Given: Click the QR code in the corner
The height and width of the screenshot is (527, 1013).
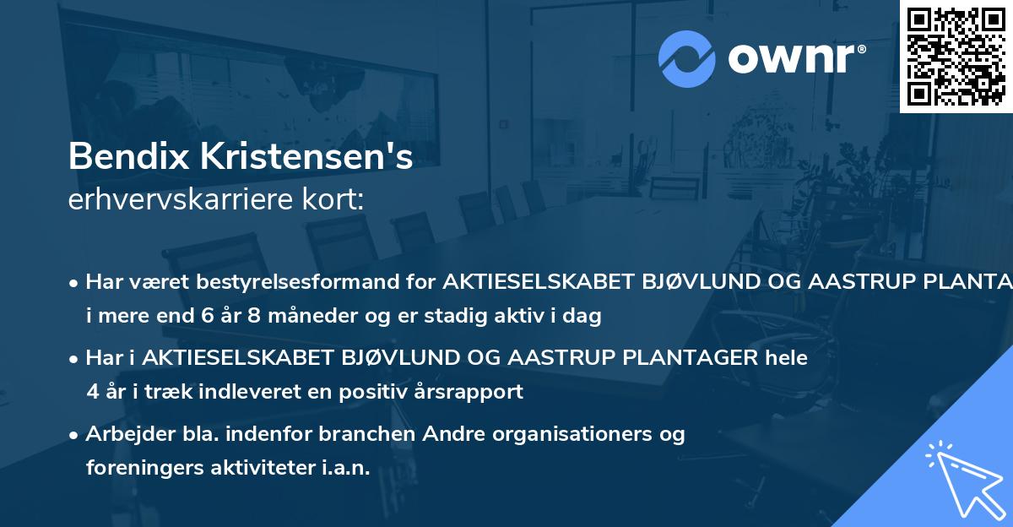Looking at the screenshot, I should click(x=956, y=56).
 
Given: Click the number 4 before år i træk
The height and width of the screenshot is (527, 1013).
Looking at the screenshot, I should click(x=92, y=392).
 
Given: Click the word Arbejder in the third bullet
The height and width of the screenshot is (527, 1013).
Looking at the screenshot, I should click(x=124, y=434).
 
